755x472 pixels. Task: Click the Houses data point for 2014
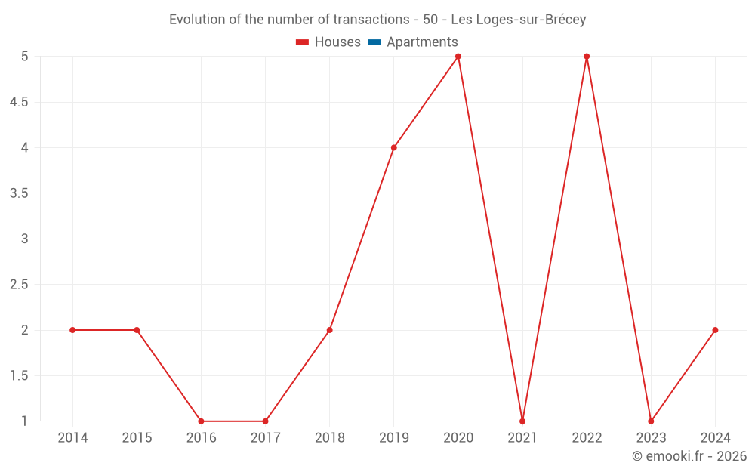pyautogui.click(x=72, y=330)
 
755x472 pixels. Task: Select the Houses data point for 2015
pyautogui.click(x=137, y=330)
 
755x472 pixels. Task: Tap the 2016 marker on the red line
pyautogui.click(x=201, y=421)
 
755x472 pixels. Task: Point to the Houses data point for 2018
pyautogui.click(x=330, y=330)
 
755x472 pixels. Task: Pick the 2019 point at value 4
pyautogui.click(x=394, y=147)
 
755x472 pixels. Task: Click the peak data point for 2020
pyautogui.click(x=458, y=56)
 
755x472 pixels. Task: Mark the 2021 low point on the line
pyautogui.click(x=522, y=421)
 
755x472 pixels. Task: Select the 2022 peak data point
pyautogui.click(x=587, y=56)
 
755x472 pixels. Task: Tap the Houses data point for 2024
pyautogui.click(x=715, y=330)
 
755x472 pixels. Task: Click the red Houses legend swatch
pyautogui.click(x=303, y=42)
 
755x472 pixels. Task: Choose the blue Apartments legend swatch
pyautogui.click(x=374, y=42)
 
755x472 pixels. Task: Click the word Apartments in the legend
pyautogui.click(x=422, y=42)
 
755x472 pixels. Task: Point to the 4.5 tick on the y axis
pyautogui.click(x=19, y=102)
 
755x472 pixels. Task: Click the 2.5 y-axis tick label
pyautogui.click(x=19, y=285)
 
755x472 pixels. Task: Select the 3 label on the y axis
pyautogui.click(x=24, y=239)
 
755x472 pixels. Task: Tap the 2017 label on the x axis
pyautogui.click(x=266, y=438)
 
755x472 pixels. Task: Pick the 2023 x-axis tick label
pyautogui.click(x=651, y=438)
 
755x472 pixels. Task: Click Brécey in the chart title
pyautogui.click(x=562, y=20)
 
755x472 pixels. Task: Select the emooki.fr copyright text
pyautogui.click(x=689, y=456)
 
